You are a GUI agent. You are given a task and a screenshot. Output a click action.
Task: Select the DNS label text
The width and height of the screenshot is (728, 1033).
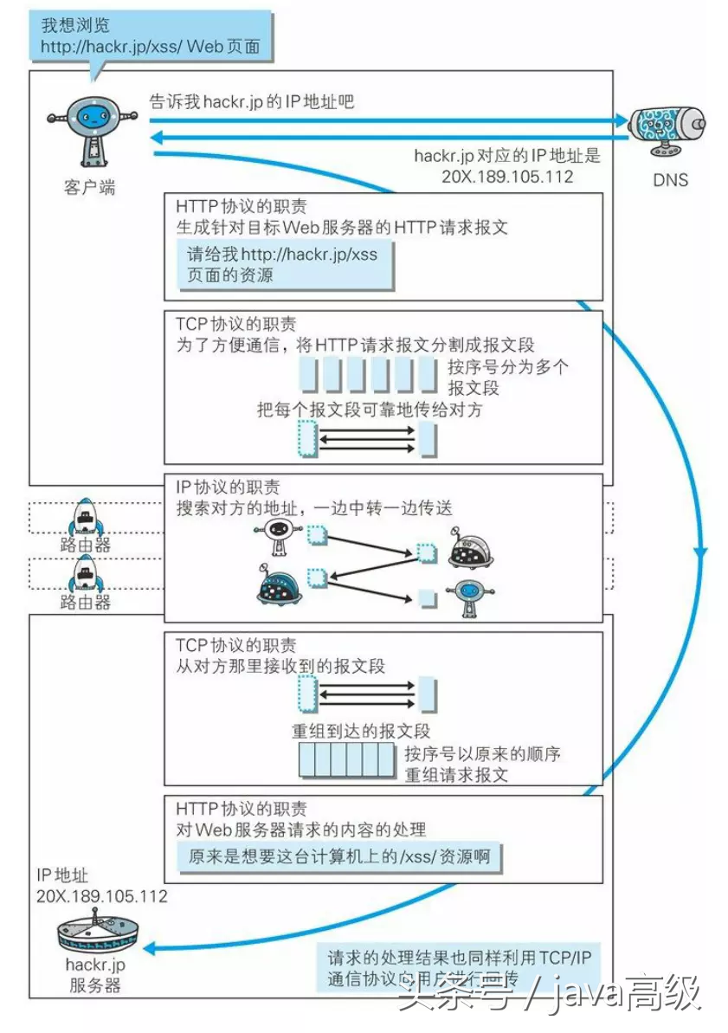tap(670, 181)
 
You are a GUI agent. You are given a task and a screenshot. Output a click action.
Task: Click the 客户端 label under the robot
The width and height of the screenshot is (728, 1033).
tap(88, 186)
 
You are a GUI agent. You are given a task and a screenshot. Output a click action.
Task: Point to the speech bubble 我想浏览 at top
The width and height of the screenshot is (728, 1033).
tap(150, 36)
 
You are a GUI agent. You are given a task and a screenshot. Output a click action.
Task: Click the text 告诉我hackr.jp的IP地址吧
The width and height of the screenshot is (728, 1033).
tap(252, 102)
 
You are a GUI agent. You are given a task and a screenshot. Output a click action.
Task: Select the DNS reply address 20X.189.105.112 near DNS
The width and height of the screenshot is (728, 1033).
tap(507, 176)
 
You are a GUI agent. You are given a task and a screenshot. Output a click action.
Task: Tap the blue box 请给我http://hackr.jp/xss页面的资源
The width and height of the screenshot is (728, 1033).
tap(282, 265)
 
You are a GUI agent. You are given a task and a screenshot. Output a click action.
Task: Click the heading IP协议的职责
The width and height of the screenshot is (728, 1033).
tap(228, 487)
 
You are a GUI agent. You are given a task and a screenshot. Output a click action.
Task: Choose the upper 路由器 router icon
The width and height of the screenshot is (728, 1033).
tap(85, 518)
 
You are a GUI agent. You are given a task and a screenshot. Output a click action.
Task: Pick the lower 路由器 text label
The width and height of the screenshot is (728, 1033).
tap(86, 602)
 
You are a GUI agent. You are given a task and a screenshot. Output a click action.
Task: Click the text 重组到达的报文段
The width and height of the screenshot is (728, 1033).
tap(361, 731)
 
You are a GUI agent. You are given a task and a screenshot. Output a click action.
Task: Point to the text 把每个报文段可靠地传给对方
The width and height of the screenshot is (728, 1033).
tap(370, 410)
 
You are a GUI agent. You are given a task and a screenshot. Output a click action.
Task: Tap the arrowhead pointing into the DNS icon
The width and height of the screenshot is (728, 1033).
tap(620, 120)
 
